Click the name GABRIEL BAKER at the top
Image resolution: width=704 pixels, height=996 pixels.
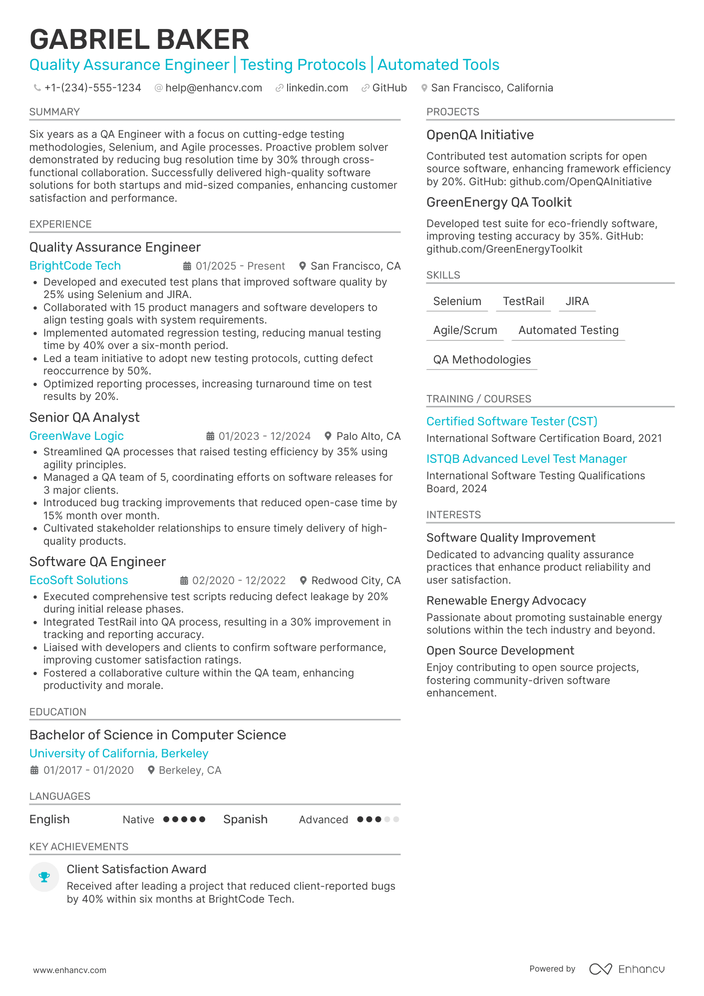[x=139, y=39]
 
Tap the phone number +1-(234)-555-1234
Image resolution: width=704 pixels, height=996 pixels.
[x=92, y=88]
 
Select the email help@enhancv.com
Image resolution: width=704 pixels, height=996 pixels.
[x=213, y=88]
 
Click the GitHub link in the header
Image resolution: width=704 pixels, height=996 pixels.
[x=389, y=88]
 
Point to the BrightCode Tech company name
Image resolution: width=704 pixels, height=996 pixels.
[x=75, y=266]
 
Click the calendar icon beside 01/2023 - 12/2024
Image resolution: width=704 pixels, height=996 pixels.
[x=211, y=436]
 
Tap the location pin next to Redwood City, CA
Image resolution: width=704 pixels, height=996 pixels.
[x=303, y=581]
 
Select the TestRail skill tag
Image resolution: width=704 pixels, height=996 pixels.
[x=523, y=302]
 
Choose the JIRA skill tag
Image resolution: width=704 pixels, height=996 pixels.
[x=577, y=302]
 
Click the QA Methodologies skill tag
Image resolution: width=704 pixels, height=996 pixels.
[x=481, y=360]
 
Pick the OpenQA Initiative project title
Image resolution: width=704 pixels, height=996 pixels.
[x=480, y=135]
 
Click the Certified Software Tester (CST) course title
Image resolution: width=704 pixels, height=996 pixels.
[x=511, y=421]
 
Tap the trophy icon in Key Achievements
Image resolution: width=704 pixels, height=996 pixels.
[x=44, y=877]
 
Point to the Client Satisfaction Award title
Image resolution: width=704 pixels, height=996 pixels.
[x=136, y=869]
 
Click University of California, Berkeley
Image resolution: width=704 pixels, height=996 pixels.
[x=119, y=753]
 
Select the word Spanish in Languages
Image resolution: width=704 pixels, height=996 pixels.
[x=245, y=819]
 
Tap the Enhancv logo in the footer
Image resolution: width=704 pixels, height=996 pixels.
[x=627, y=969]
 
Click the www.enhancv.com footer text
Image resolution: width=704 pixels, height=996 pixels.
[x=70, y=970]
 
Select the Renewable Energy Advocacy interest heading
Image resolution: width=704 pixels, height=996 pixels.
[x=506, y=601]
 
